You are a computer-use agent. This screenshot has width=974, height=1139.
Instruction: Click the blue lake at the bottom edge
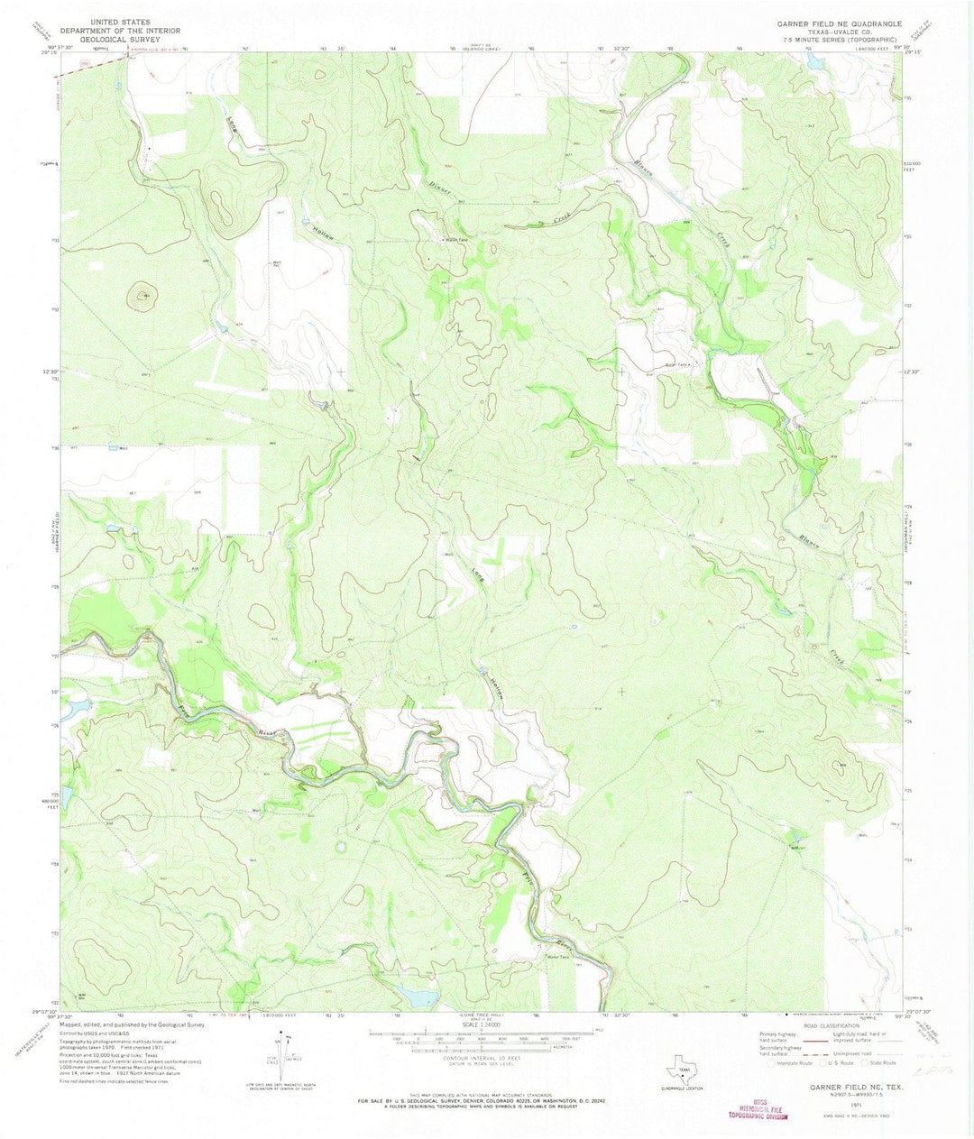click(417, 997)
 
